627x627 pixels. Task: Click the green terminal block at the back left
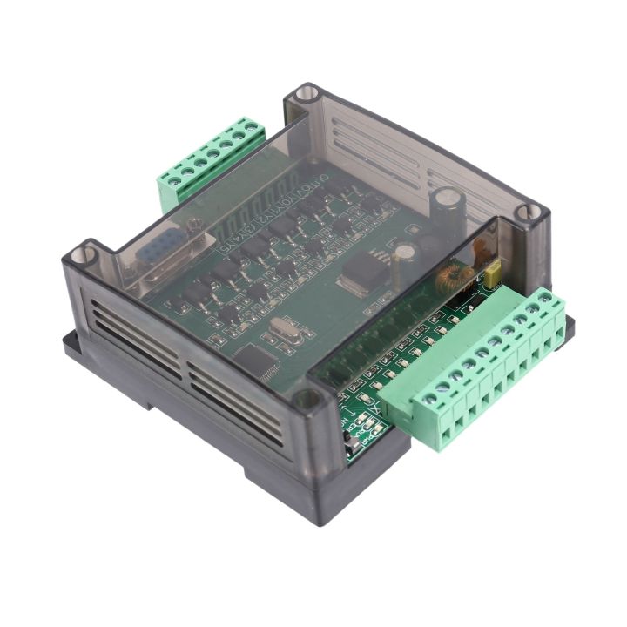(209, 161)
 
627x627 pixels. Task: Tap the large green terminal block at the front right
(488, 374)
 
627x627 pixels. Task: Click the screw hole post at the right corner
(525, 212)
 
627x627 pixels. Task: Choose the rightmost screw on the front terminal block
(549, 300)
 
